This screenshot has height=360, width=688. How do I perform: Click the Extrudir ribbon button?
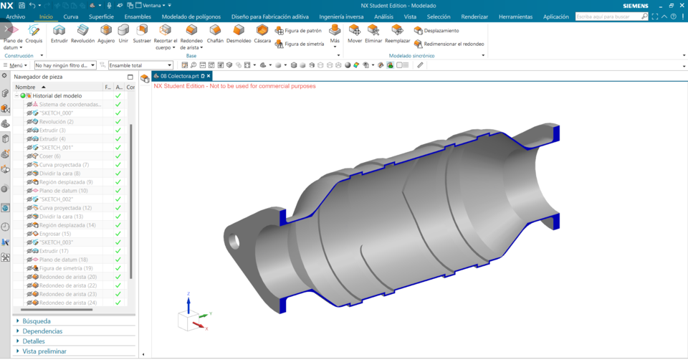(59, 33)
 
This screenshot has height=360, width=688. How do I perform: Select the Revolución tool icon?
(82, 33)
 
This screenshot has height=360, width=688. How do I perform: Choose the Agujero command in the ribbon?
(106, 33)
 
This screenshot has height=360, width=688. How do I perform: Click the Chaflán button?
(215, 33)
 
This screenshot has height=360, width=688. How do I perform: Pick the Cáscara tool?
(262, 33)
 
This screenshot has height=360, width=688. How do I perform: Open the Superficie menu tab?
(101, 16)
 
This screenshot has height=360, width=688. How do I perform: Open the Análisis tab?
(383, 16)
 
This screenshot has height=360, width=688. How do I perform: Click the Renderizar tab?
(474, 16)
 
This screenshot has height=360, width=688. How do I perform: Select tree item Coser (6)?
(49, 156)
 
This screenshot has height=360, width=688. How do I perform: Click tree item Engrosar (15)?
(54, 234)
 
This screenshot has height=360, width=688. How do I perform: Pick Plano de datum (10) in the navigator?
(63, 191)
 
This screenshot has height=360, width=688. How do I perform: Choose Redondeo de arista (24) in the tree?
(67, 303)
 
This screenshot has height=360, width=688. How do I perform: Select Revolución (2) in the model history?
(56, 122)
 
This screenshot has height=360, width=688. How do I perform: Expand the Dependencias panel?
(42, 331)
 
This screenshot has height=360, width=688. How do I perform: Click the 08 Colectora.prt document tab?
(179, 76)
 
